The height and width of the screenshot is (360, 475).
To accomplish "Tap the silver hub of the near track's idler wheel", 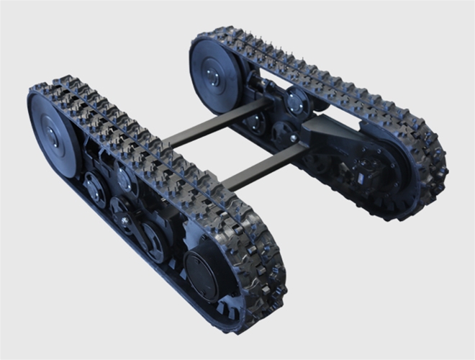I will click(x=51, y=135).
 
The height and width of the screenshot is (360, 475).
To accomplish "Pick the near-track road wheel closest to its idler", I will click(x=94, y=187).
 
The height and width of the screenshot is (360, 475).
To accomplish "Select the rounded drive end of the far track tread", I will click(x=425, y=173).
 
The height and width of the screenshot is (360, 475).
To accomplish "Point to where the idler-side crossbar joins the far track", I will click(x=263, y=108).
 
